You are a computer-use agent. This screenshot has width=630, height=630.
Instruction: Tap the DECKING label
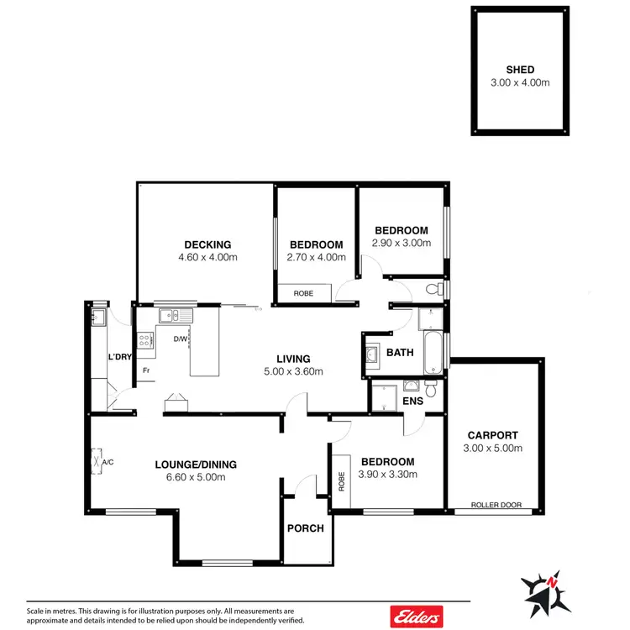[207, 245]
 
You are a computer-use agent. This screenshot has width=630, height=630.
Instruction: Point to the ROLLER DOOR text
[495, 506]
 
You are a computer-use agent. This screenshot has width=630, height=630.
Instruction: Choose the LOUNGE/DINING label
[196, 465]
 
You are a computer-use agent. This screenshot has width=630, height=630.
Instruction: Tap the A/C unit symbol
[96, 460]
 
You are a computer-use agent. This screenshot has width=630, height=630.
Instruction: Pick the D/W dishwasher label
[180, 339]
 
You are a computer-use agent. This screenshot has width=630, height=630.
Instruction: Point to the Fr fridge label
[145, 370]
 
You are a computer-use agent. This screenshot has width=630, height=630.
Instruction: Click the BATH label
[400, 353]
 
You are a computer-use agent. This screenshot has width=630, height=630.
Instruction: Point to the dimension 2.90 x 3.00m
[402, 243]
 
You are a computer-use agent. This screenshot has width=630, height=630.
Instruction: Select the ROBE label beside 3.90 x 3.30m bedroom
[342, 481]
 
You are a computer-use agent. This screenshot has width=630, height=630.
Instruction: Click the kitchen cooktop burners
[145, 341]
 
